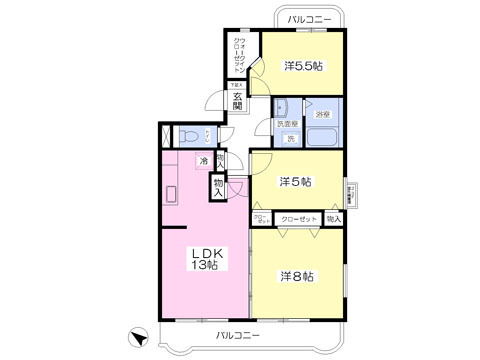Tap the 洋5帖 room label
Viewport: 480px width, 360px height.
coord(295,182)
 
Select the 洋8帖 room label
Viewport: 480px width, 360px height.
coord(297,275)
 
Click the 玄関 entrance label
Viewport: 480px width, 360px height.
coord(238,102)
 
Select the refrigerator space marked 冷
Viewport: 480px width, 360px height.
coord(204,160)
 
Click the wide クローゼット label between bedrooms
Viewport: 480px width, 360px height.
coord(299,218)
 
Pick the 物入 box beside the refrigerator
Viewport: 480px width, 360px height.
coord(218,185)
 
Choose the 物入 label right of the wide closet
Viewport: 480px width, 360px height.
coord(334,218)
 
